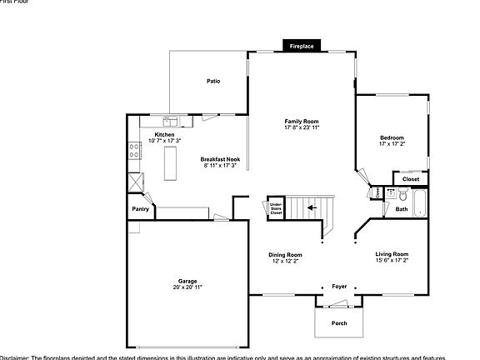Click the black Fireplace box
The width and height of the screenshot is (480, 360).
302,47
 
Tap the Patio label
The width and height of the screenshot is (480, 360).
213,82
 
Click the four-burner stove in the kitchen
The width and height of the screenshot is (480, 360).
132,151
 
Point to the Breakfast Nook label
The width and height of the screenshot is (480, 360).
220,158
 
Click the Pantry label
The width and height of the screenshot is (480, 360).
140,209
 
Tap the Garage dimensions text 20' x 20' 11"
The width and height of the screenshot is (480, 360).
187,287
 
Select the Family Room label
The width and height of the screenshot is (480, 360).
302,121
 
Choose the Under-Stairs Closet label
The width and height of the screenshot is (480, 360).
276,208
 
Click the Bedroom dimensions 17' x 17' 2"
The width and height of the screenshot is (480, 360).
392,143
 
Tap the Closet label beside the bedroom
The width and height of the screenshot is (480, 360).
411,179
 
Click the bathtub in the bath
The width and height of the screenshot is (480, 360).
420,202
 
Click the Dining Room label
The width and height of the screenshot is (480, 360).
285,255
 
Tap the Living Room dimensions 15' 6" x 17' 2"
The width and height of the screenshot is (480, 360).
392,260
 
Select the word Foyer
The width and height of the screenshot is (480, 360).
339,286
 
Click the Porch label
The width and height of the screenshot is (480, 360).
339,322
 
